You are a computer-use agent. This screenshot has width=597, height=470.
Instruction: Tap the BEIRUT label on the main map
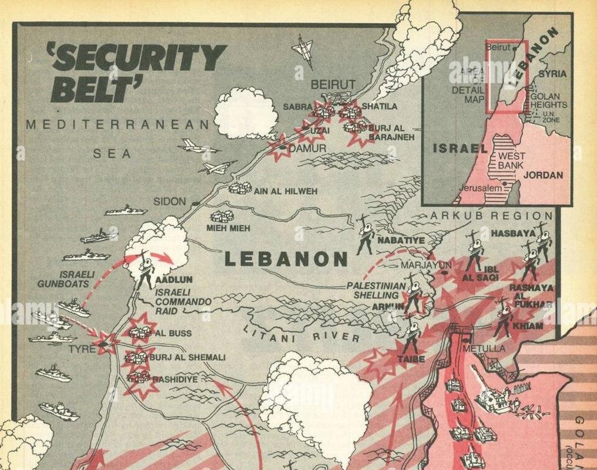point(333,85)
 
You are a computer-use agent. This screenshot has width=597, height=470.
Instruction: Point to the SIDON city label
point(170,202)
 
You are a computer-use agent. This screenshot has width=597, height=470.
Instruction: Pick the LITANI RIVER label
point(301,334)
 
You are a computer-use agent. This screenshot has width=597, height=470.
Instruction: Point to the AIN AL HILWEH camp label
point(285,191)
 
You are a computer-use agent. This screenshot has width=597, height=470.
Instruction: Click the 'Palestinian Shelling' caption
point(376,290)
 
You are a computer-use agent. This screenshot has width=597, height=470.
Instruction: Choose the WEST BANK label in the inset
point(511,161)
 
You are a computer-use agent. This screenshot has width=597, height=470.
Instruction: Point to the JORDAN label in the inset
point(543,175)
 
